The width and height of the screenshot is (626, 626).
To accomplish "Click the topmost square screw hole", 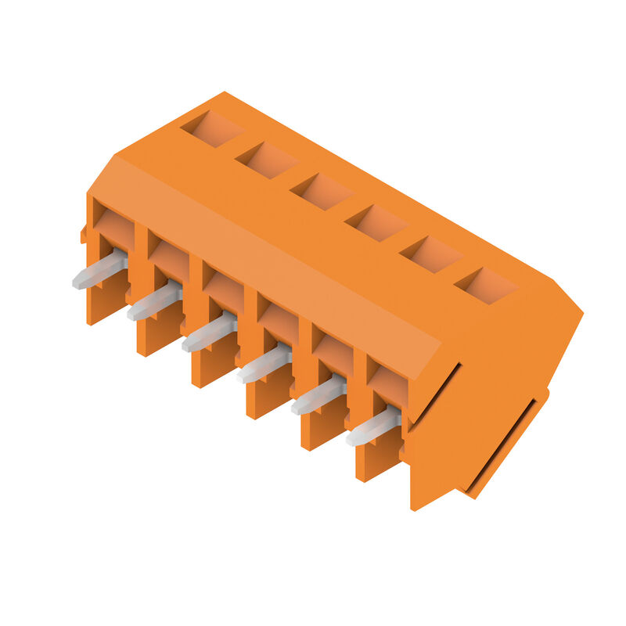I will click(x=212, y=128).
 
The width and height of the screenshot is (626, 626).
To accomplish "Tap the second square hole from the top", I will click(x=267, y=159).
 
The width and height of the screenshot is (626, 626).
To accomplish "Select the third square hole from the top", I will click(x=322, y=190).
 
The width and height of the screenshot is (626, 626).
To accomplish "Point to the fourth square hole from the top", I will click(x=376, y=222).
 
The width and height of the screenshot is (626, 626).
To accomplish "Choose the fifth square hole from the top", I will click(x=431, y=254).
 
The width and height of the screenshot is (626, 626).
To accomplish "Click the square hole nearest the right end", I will click(x=486, y=285).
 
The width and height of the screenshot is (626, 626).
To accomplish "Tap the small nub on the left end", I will click(x=83, y=233).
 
